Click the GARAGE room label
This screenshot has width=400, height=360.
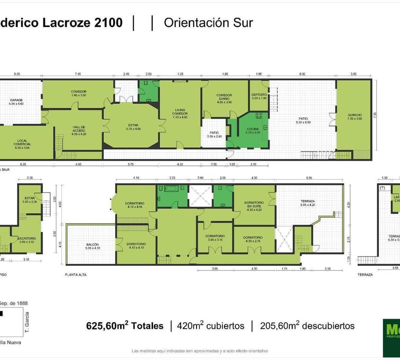(16, 101)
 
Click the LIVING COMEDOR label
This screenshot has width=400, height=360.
(180, 112)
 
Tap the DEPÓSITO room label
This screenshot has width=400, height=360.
(259, 96)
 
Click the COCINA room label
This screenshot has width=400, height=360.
(253, 130)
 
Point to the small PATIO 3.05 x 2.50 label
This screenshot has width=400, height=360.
(214, 134)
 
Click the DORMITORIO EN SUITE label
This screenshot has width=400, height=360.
(254, 206)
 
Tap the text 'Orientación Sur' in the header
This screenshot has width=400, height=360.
(208, 22)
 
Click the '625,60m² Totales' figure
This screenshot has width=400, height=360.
(125, 326)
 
